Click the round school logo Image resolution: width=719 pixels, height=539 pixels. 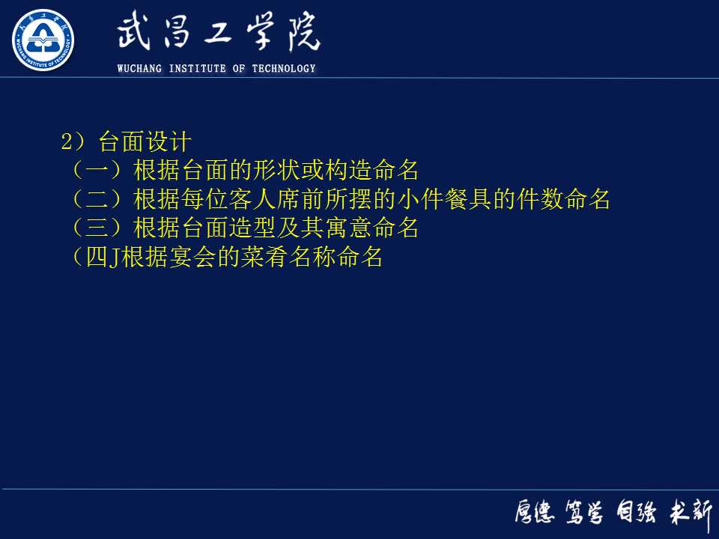[43, 40]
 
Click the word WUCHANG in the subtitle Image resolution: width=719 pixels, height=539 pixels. [140, 69]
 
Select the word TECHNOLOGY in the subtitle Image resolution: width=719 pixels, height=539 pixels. [284, 69]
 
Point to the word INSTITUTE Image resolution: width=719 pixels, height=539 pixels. [197, 69]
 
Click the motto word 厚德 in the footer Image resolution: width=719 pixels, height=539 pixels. [534, 513]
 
